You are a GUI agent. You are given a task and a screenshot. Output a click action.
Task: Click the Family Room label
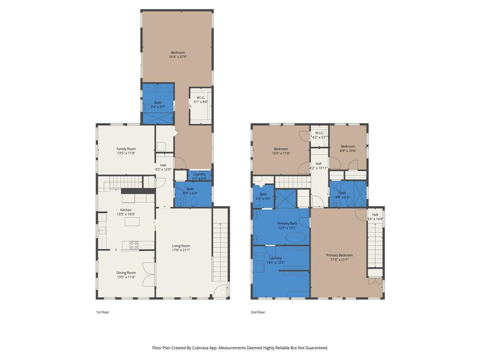[x=126, y=149]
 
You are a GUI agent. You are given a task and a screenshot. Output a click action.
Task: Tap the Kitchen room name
[x=126, y=210]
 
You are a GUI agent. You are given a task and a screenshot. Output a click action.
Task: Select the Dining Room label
[x=126, y=273]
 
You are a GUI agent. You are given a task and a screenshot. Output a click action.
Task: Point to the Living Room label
[x=181, y=246]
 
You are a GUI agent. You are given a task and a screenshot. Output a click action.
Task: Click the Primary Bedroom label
[x=339, y=255]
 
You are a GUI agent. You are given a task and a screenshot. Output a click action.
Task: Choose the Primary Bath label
[x=287, y=224]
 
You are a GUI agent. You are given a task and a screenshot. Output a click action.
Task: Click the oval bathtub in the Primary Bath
[x=296, y=238]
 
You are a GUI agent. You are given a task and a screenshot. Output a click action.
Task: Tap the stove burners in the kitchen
[x=134, y=245]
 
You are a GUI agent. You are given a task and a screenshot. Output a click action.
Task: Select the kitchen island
[x=132, y=221]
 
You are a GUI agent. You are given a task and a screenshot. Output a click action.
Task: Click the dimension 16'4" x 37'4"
[x=178, y=57]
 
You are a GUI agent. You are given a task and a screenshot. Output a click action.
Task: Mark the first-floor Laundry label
[x=199, y=174]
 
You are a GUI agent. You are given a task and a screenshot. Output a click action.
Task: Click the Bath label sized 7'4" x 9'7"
[x=158, y=103]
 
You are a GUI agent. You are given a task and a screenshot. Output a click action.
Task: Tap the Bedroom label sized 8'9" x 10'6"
[x=348, y=146]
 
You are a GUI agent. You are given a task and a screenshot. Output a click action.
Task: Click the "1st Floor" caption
[x=103, y=312]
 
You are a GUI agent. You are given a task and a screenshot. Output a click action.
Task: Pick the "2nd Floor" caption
[x=258, y=312]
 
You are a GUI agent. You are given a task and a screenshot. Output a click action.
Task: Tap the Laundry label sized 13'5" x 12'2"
[x=276, y=258]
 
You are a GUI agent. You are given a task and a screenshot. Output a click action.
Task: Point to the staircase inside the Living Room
[x=220, y=251]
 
